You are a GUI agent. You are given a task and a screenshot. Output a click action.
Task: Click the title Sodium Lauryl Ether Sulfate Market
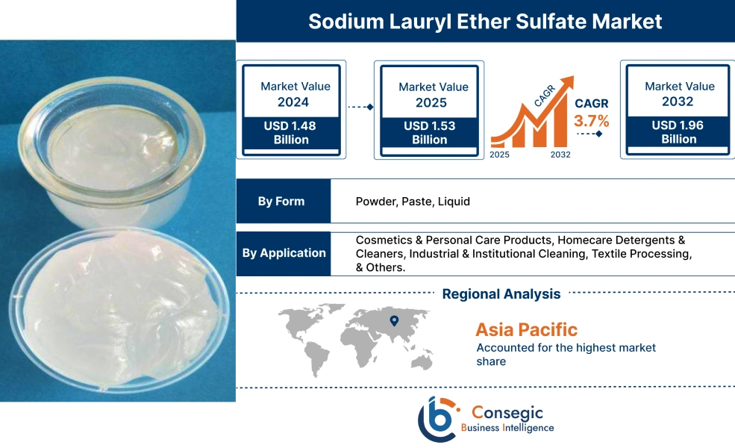[485, 21]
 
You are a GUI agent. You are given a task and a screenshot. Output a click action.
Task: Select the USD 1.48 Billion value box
[290, 133]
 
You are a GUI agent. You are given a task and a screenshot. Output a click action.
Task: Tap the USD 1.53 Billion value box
[430, 133]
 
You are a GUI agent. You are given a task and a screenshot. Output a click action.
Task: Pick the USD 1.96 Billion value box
[678, 132]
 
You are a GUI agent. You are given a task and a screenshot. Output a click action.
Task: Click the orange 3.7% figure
[592, 120]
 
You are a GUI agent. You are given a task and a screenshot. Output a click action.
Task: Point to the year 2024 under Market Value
[293, 102]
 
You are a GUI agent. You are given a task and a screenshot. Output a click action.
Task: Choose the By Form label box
[283, 202]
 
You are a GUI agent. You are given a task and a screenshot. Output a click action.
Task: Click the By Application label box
[284, 253]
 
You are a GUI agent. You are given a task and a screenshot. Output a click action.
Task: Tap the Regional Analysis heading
[501, 293]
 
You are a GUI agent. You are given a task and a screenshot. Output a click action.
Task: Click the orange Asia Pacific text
[526, 329]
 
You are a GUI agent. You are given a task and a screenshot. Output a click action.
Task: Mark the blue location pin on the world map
[394, 321]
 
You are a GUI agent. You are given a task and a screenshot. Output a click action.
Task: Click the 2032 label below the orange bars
[560, 155]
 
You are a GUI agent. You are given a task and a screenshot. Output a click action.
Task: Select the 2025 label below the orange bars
[501, 155]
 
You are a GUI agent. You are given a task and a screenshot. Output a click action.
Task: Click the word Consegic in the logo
[507, 411]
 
